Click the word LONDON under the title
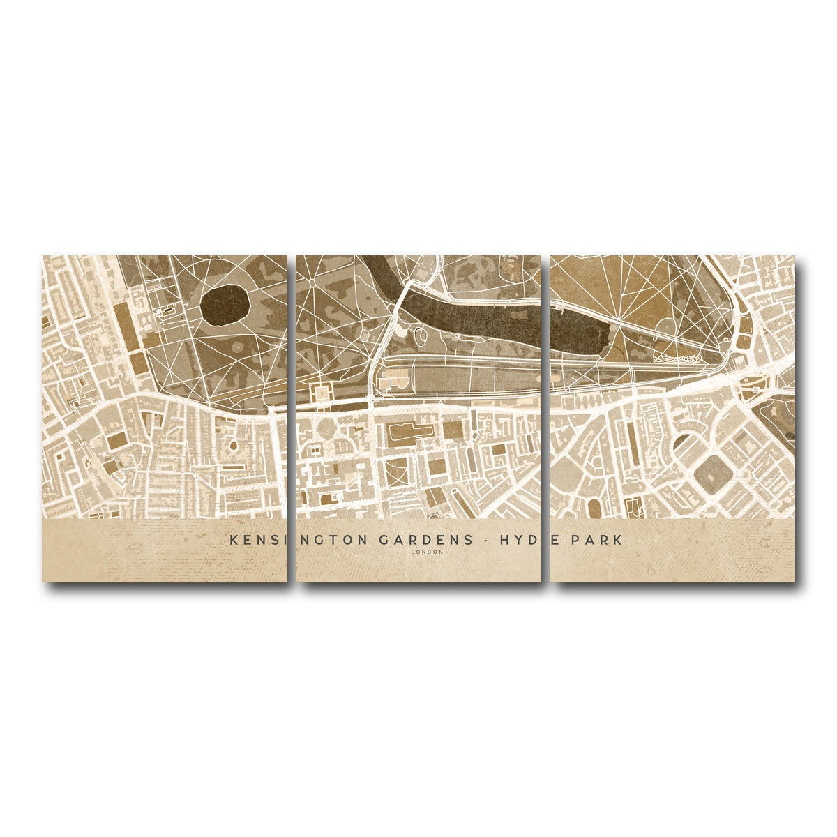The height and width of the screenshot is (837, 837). point(427,552)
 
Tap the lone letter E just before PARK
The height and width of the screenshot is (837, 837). point(557,540)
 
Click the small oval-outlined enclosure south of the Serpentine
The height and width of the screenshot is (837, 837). point(421,338)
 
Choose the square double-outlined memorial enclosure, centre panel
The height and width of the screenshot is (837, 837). point(322,391)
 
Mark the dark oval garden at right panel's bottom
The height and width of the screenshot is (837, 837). point(594,508)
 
